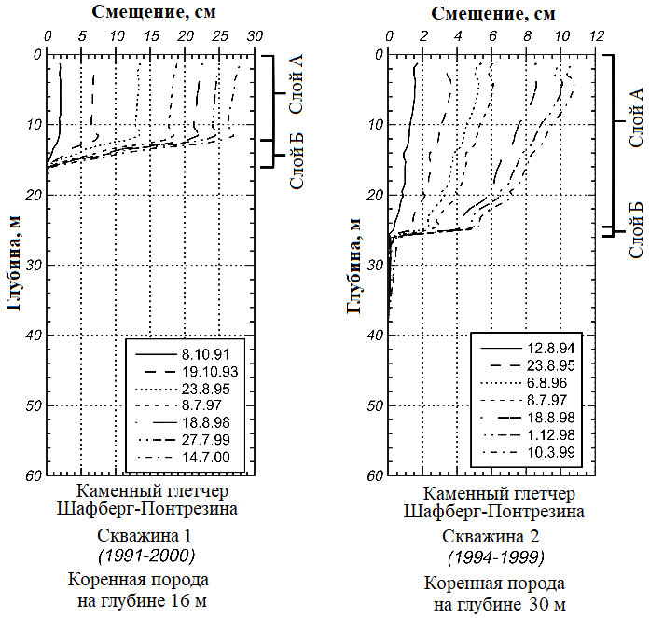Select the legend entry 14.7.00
coord(204,457)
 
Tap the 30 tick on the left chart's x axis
coord(254,34)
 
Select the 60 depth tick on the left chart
coord(33,475)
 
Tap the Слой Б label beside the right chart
coord(637,228)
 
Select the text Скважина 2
coord(494,537)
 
